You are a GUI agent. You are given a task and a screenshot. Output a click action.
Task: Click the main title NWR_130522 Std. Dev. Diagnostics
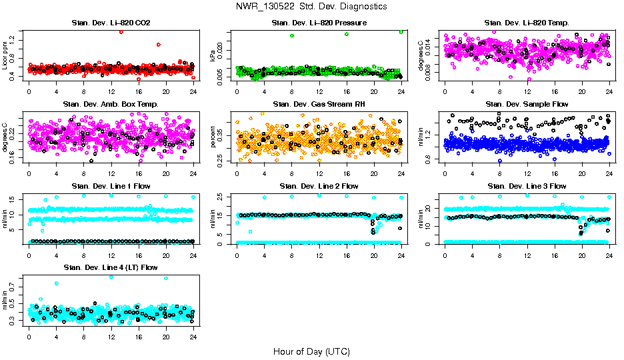[311, 6]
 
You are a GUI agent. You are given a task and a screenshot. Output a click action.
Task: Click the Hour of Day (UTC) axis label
[311, 351]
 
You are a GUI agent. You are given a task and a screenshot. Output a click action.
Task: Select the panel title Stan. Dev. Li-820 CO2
[111, 23]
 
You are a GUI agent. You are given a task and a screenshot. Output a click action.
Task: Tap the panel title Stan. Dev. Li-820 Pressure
[319, 23]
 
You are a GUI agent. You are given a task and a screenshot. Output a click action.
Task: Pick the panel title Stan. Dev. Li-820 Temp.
[527, 23]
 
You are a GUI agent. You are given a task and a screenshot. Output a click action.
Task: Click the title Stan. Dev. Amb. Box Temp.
[111, 105]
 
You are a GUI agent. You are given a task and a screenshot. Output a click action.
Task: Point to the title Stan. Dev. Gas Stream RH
[319, 105]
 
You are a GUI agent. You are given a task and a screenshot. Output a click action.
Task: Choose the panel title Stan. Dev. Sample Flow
[527, 105]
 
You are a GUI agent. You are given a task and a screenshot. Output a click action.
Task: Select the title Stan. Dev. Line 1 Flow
[111, 186]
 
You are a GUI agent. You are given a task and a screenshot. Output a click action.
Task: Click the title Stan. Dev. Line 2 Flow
[319, 186]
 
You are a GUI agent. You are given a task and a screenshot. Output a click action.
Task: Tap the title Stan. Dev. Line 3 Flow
[527, 186]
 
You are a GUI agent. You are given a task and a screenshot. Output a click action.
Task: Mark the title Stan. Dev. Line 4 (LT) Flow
[111, 267]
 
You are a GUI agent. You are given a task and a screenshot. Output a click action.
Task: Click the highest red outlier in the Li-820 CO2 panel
[121, 32]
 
